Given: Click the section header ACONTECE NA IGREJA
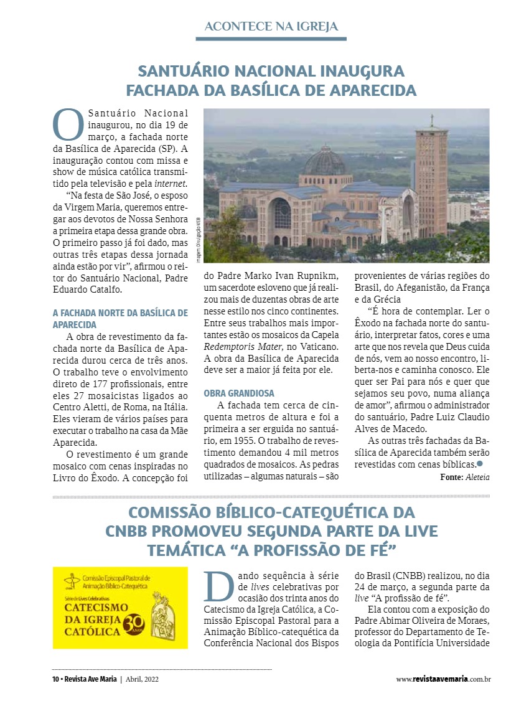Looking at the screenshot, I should (x=271, y=26).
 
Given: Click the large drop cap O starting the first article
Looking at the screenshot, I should (x=68, y=125).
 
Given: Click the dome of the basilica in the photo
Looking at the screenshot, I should (x=325, y=161).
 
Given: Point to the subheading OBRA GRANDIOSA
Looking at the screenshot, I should (x=239, y=393).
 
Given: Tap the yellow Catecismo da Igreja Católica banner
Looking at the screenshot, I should (x=120, y=608).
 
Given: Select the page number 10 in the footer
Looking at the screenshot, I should (x=55, y=679).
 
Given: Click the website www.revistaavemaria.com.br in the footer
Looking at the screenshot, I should (x=443, y=679).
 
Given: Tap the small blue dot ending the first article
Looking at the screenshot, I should (x=479, y=464).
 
